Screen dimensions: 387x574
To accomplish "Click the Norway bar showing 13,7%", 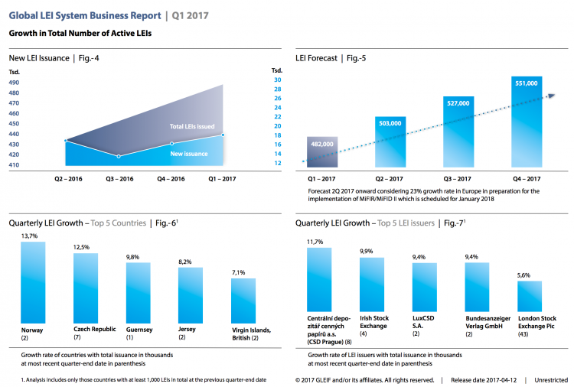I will (x=34, y=282).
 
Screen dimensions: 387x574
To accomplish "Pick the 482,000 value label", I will (x=321, y=144).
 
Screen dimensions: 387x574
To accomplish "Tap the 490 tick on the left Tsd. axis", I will (x=14, y=83).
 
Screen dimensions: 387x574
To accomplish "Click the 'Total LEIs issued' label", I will (x=191, y=126).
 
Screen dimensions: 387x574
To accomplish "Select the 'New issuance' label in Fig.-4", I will (x=189, y=153).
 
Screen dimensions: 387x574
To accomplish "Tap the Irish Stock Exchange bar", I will (x=372, y=290).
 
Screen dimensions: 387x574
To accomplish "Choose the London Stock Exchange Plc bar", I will (x=530, y=302).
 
